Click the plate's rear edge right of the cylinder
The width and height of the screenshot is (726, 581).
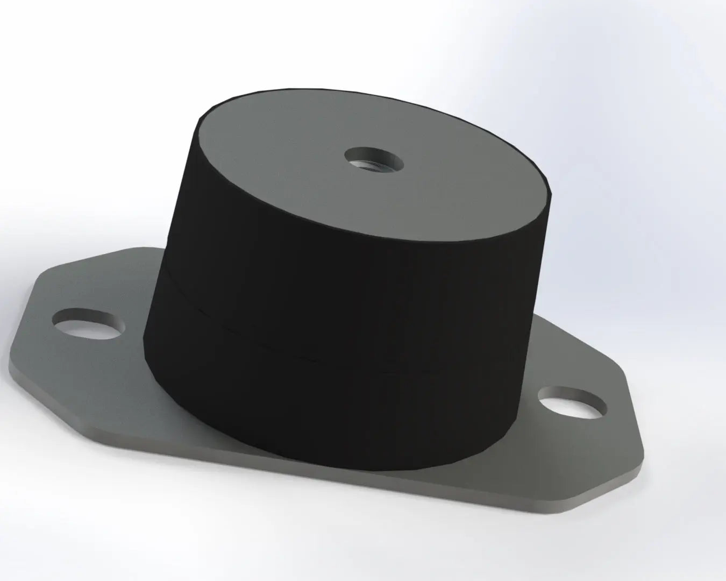(581, 344)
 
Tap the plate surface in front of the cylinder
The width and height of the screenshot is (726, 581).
(333, 473)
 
